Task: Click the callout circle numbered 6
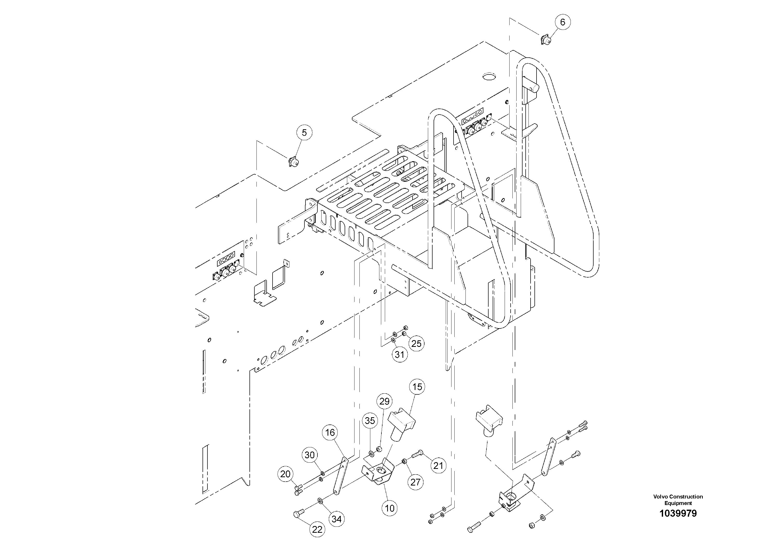pos(562,22)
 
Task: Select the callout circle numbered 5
pos(304,133)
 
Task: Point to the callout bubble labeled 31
pos(399,354)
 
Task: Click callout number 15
pos(417,387)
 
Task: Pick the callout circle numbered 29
pos(384,401)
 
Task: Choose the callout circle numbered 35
pos(370,421)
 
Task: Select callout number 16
pos(330,432)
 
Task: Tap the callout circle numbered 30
pos(309,455)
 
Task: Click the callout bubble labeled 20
pos(285,474)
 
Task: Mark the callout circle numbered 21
pos(438,466)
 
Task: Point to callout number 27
pos(415,482)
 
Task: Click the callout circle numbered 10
pos(389,508)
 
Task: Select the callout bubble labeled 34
pos(337,519)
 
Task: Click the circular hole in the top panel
pos(489,76)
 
